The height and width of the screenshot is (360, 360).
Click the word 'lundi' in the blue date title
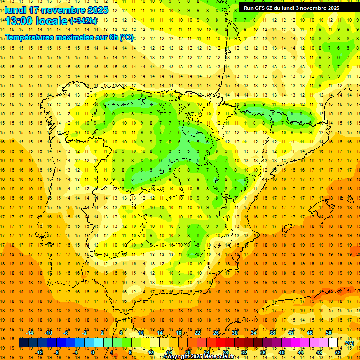(x=15, y=10)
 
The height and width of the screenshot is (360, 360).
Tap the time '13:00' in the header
(x=18, y=21)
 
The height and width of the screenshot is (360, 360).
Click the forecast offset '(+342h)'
(x=83, y=21)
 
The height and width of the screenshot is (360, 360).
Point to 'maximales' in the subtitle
(x=75, y=37)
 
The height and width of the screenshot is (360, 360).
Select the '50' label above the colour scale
(x=329, y=333)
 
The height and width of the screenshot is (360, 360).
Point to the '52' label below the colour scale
(x=338, y=352)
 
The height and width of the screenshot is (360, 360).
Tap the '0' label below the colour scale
(x=93, y=352)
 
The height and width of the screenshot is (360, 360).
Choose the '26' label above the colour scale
(x=216, y=333)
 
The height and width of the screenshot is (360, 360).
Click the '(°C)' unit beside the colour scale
(x=349, y=343)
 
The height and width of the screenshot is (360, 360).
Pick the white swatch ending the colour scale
(x=333, y=343)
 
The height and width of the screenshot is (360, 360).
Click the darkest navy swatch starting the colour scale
(x=23, y=343)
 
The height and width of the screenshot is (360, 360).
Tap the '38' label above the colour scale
(x=272, y=333)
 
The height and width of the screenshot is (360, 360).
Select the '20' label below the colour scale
(x=188, y=352)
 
